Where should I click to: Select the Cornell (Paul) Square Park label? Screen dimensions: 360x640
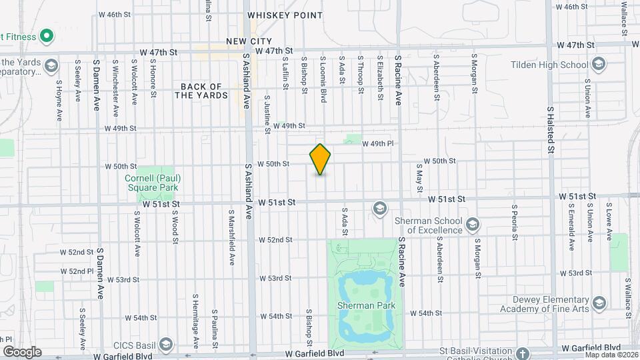click(153, 182)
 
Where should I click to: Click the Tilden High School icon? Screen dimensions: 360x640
click(598, 65)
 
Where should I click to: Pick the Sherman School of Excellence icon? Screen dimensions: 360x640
click(473, 223)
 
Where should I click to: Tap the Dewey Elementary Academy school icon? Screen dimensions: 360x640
click(599, 303)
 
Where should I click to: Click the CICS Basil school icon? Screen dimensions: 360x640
click(165, 345)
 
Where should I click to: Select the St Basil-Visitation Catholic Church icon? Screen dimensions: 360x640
click(522, 353)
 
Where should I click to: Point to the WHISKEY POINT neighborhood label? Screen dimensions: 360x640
click(275, 15)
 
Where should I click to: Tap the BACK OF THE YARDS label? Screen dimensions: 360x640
click(201, 91)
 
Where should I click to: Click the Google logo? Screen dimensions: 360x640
click(22, 351)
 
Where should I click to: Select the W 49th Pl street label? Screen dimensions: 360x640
click(378, 143)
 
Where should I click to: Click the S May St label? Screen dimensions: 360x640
click(419, 179)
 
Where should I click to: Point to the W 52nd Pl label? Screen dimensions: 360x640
click(76, 271)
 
